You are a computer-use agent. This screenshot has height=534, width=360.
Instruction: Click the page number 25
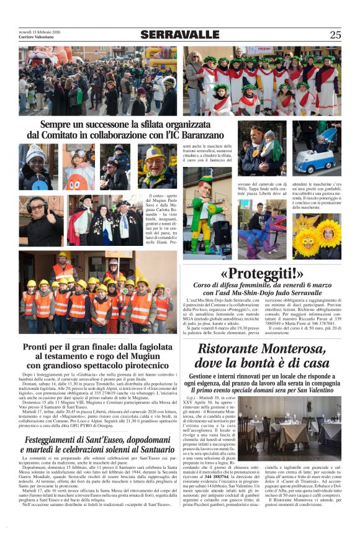tap(335, 35)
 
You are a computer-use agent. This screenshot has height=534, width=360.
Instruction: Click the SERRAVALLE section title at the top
tap(180, 35)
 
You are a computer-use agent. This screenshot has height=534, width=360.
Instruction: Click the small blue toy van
tap(314, 160)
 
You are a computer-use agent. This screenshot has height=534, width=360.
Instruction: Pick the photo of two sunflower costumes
tap(317, 237)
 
